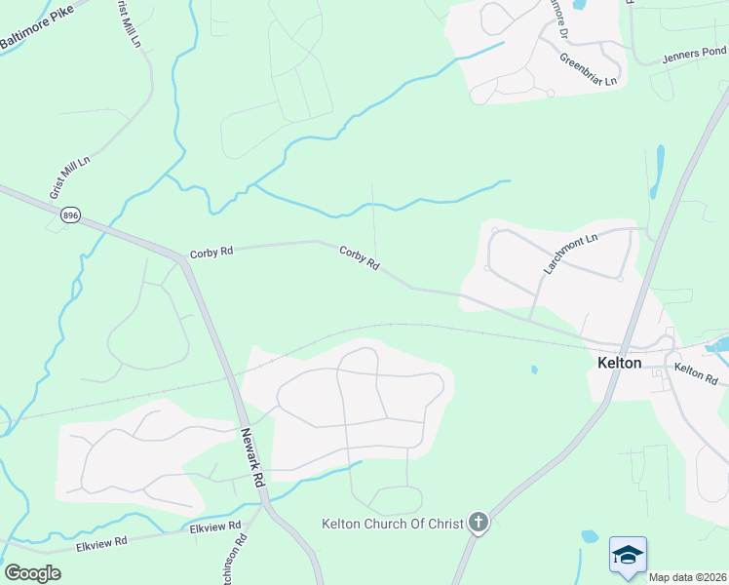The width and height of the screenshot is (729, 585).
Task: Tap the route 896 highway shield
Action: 70,214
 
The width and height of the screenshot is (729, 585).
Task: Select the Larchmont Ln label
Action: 569,253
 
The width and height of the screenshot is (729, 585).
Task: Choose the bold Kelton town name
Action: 619,363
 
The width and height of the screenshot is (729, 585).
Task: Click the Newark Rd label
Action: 251,457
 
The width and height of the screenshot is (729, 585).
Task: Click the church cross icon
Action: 478,524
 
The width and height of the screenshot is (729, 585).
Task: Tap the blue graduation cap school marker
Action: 628,555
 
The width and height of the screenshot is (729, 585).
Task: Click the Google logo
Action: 32,573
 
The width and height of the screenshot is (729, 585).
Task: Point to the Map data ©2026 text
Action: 688,577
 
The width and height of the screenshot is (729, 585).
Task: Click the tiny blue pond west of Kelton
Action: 533,370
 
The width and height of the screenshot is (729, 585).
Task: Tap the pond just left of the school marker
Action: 589,535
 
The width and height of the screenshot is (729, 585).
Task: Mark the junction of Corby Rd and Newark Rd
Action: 183,260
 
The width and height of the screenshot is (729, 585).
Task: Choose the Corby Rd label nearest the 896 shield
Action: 211,252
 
